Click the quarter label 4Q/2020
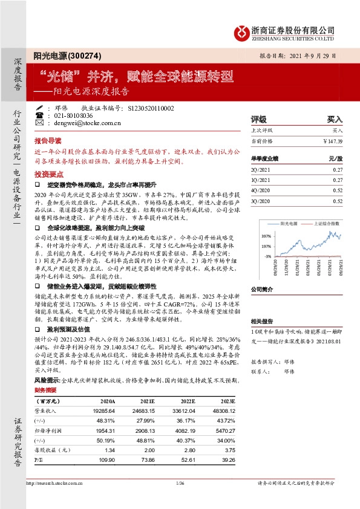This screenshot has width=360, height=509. pos(261,190)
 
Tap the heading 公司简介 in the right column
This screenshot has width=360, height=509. pos(263,290)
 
